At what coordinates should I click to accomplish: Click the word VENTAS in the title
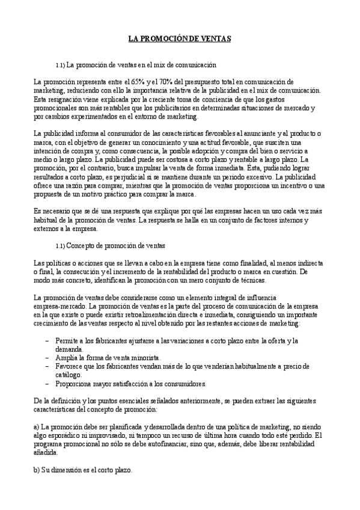[214, 38]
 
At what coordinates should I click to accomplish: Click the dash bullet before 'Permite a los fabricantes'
[47, 341]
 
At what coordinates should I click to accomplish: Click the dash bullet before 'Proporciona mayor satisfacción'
[47, 384]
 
